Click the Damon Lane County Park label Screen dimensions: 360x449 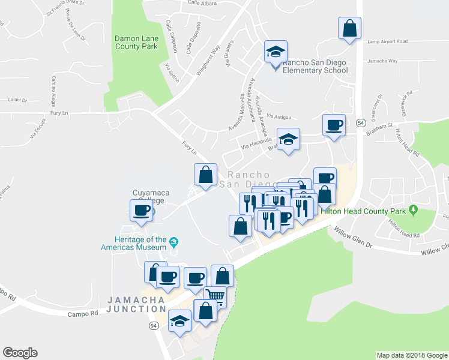point(136,41)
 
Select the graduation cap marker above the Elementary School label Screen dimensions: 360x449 point(276,52)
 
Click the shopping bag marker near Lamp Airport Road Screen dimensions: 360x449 point(349,28)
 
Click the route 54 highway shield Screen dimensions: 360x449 point(360,122)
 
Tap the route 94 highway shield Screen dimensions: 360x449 point(153,325)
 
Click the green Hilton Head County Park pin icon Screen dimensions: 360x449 point(413,210)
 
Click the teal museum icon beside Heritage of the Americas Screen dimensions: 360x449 point(173,242)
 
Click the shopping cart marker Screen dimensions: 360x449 point(214,296)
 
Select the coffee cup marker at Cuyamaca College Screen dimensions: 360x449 point(142,211)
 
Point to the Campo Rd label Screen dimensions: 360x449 point(82,314)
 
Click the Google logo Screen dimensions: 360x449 point(20,353)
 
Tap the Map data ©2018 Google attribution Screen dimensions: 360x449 point(411,355)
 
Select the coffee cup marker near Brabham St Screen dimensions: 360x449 point(334,125)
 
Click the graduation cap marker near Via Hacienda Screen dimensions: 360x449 point(288,139)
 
